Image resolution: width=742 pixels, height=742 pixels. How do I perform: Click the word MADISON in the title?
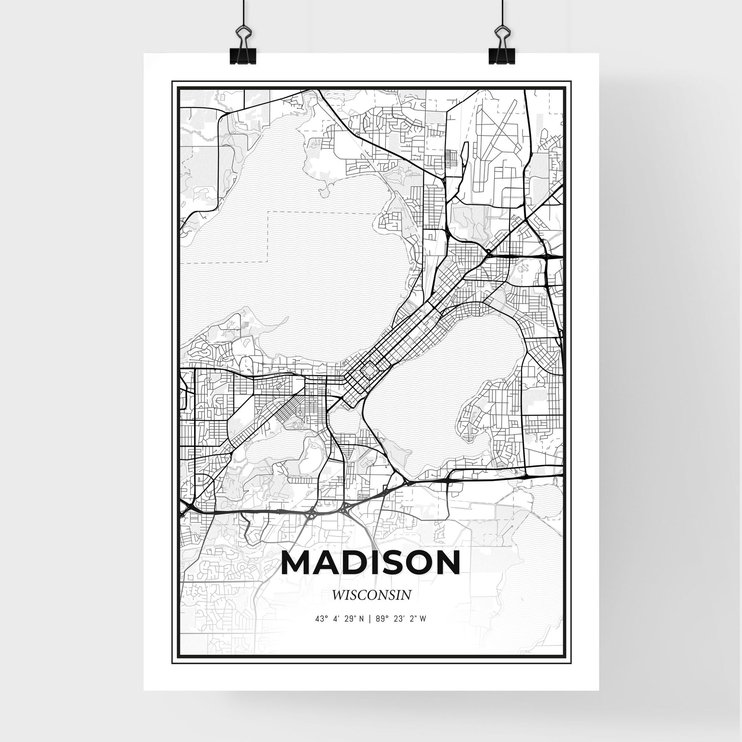tap(371, 563)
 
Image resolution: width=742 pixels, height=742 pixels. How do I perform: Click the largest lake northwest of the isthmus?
tap(292, 250)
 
